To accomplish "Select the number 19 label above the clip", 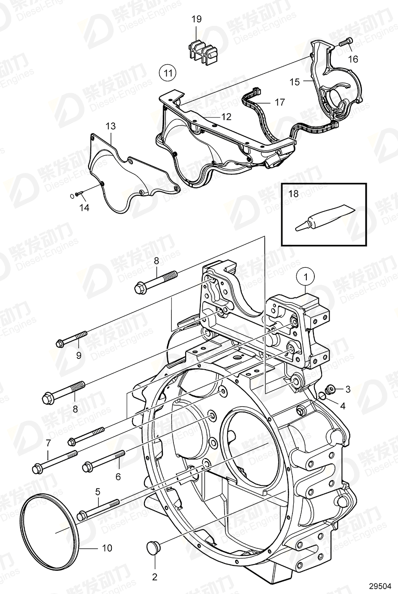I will tap(196, 19).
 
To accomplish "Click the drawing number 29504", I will tap(380, 586).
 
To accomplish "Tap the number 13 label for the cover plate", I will tap(110, 126).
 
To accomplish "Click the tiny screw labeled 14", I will tap(79, 194).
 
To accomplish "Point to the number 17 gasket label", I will tap(279, 103).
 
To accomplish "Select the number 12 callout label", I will tap(227, 117).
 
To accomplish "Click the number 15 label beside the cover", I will tap(294, 82).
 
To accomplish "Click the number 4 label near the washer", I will tap(343, 406).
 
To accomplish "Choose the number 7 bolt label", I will tap(48, 443).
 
